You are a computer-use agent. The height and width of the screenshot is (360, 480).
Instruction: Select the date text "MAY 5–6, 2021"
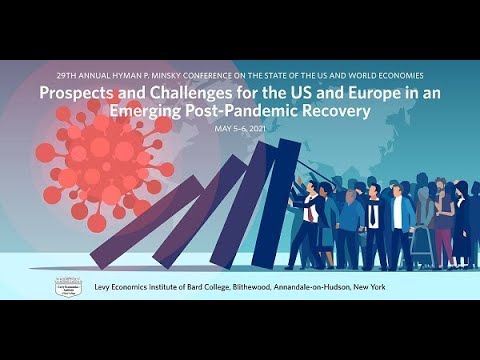[239, 129]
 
